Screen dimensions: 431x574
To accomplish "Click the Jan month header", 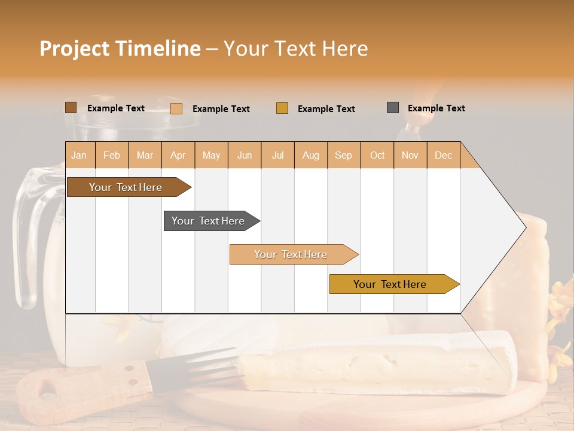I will point(80,156).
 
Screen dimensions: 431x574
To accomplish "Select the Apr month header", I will point(178,156).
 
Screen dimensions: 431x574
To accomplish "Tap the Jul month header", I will point(278,156).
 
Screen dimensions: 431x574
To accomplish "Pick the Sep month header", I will point(343,156).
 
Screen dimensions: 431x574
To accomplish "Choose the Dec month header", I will point(443,156).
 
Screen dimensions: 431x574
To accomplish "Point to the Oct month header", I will point(377,156).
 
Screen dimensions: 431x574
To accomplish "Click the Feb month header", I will point(112,156).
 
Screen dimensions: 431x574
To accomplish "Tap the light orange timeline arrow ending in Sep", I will point(291,254).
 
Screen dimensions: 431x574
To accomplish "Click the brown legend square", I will point(71,108).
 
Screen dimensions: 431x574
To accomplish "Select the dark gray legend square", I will point(393,108).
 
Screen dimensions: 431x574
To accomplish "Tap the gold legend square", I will point(282,108).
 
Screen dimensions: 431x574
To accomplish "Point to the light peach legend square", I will point(176,108).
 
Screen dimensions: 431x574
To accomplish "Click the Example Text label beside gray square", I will point(436,108).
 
